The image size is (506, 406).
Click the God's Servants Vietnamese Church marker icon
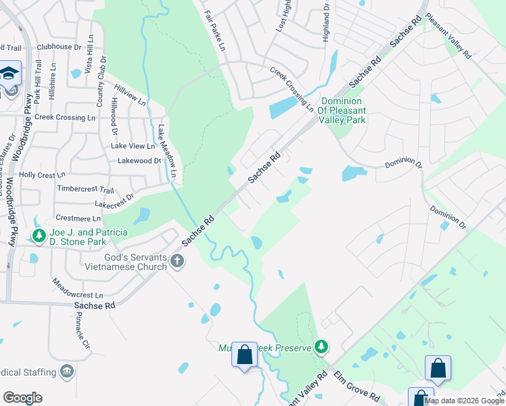coord(177,261)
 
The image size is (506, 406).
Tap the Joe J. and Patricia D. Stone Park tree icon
coord(39,236)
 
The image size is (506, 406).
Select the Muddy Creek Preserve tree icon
coord(322,347)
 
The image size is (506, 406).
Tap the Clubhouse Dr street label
coord(59,47)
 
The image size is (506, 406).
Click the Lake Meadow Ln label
coord(166,152)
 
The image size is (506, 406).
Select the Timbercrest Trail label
coord(86,189)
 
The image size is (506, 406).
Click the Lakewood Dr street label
coord(139,160)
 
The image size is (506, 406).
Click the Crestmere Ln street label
coord(77,219)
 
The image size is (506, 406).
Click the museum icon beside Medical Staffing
coord(67,371)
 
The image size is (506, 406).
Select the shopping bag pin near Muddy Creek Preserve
coord(244,354)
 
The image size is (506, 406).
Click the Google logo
coord(23,398)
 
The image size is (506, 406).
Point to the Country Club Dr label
coord(101,82)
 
